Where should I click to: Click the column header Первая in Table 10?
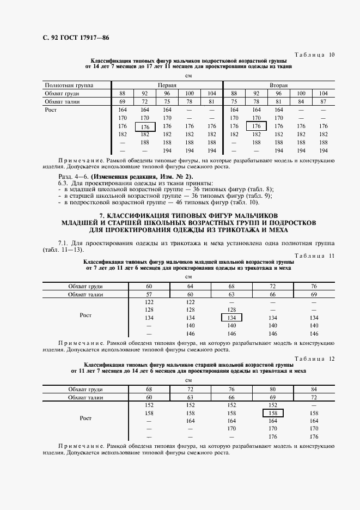(167, 86)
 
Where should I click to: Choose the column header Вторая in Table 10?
(279, 86)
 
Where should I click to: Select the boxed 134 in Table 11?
(231, 318)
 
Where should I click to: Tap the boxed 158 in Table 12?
(273, 414)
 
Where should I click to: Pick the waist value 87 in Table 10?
(324, 101)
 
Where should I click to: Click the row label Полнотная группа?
(69, 86)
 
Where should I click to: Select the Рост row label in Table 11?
(86, 315)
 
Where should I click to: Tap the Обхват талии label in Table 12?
(86, 398)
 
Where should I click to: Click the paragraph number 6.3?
(63, 183)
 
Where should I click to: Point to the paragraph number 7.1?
(63, 242)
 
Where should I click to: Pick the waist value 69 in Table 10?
(123, 101)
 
